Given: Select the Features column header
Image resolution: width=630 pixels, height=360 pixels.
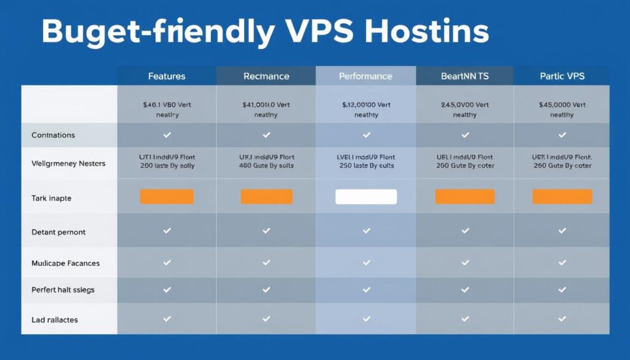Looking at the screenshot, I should click(167, 76).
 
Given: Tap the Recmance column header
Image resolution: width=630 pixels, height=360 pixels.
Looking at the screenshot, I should click(266, 76).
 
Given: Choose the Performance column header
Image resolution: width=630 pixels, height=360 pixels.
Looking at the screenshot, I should click(365, 76).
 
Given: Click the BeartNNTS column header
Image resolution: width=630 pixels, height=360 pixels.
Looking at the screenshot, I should click(465, 76).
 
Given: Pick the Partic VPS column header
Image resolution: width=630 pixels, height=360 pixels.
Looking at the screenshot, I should click(562, 76).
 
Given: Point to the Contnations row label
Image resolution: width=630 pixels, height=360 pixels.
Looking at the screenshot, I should click(53, 135).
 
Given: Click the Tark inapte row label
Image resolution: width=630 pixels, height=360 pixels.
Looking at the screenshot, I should click(51, 198).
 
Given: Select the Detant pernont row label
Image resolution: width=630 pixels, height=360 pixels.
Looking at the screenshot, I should click(58, 232).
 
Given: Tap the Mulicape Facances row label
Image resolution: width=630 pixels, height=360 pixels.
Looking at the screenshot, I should click(65, 263).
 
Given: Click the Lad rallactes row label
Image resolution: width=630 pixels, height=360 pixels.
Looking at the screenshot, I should click(54, 320).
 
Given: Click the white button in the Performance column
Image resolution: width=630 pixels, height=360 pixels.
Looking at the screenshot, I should click(366, 197).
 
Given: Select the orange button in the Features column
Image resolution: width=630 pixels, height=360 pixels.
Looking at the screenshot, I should click(167, 197).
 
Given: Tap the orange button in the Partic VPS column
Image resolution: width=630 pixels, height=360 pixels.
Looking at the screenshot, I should click(562, 197).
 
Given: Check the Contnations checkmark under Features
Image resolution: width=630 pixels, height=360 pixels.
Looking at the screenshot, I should click(167, 135).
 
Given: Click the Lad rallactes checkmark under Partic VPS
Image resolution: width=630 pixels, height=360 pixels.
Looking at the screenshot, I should click(562, 319).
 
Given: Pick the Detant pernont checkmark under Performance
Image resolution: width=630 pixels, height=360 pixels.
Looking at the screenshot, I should click(366, 231).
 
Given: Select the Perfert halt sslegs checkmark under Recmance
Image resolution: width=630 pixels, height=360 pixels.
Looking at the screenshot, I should click(266, 289).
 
